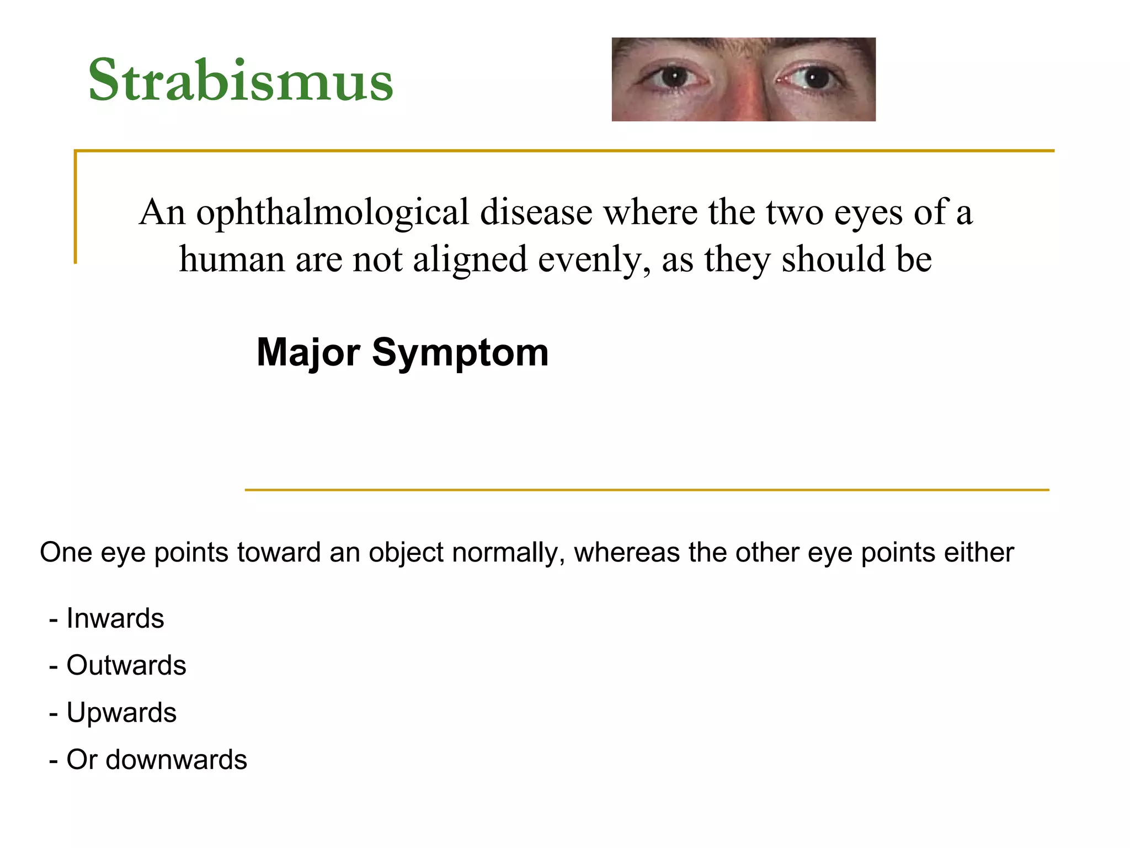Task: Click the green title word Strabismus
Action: pos(241,80)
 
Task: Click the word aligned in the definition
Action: pos(470,260)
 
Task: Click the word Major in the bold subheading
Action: pos(308,352)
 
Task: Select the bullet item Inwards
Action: pos(115,618)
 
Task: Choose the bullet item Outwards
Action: pos(126,665)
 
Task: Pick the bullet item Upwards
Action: pos(121,713)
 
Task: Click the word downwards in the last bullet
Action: pos(176,760)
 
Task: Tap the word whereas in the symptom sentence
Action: pos(626,553)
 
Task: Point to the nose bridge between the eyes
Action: pos(743,83)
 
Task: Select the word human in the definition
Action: pos(232,260)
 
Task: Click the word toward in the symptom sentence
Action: pos(279,553)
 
